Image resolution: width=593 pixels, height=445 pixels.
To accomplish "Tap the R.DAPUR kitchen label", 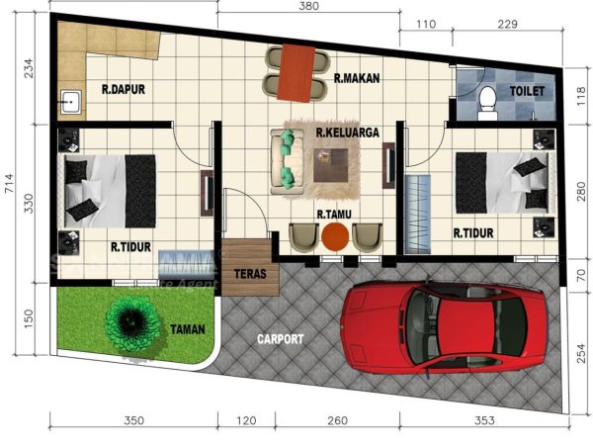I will point(124,89).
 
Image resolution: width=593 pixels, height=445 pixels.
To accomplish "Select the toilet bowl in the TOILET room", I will point(486,102).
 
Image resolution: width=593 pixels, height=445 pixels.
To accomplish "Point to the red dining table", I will point(294,71).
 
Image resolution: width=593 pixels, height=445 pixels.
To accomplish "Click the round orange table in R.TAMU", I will point(336,237).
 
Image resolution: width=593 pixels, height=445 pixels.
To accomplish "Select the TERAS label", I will point(246,274).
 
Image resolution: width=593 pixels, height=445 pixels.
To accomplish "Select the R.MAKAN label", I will point(357,78).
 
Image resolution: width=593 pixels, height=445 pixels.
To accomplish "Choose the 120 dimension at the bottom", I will point(246,421).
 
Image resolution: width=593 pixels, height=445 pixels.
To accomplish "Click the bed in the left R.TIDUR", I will point(107,188).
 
